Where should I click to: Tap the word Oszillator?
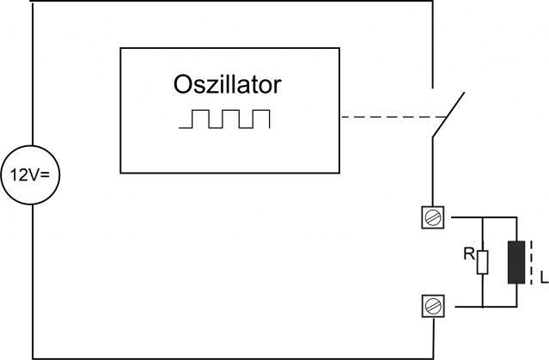click(x=227, y=85)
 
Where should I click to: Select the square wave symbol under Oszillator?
click(x=225, y=119)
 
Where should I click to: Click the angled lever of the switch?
click(x=449, y=113)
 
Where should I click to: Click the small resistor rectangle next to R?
click(x=483, y=262)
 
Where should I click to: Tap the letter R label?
click(x=467, y=254)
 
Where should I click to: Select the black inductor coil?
click(x=516, y=262)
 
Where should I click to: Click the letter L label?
click(x=542, y=276)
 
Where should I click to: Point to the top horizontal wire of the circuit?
click(x=232, y=2)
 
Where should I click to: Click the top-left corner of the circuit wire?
click(x=32, y=2)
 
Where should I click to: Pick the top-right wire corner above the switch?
click(x=430, y=2)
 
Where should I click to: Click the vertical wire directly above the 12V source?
click(x=32, y=77)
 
